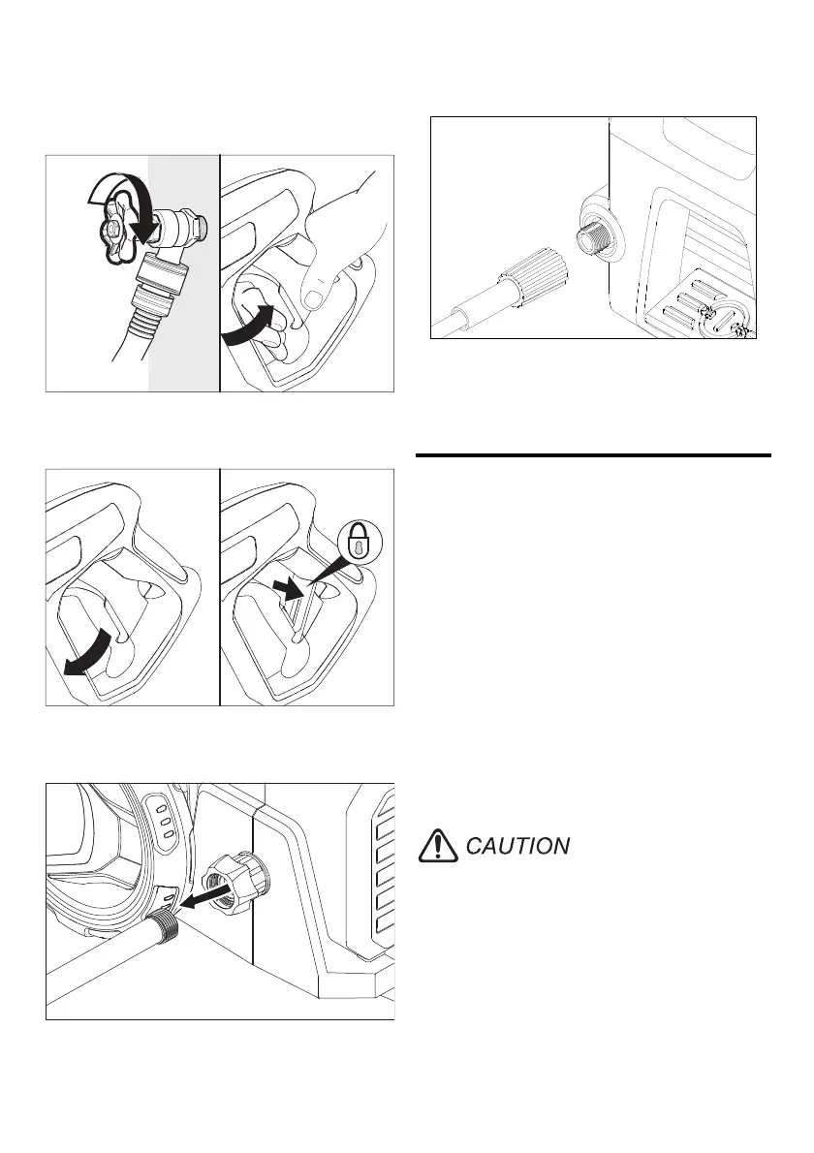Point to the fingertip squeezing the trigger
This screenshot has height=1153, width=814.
[x=315, y=296]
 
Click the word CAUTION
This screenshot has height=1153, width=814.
[x=517, y=846]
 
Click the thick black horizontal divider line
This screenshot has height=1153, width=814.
[x=593, y=454]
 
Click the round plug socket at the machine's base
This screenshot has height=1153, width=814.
[x=724, y=320]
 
